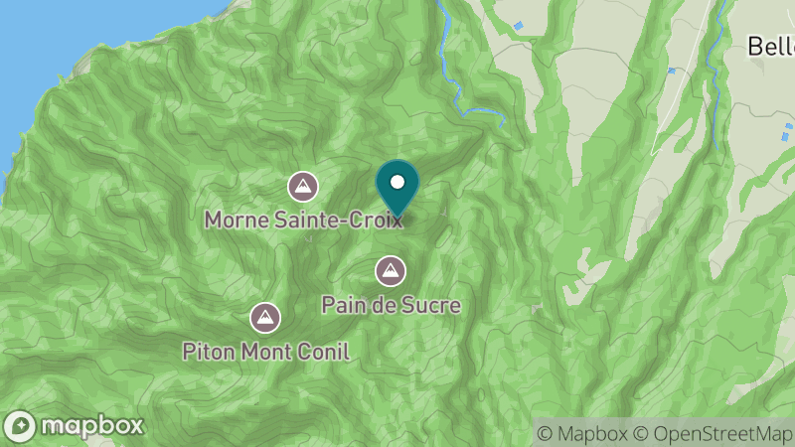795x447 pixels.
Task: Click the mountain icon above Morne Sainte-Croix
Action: tap(303, 186)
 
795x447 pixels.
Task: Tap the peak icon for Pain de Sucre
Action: tap(391, 270)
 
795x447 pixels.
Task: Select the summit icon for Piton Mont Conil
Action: tap(264, 318)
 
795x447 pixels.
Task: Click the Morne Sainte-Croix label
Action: tap(304, 219)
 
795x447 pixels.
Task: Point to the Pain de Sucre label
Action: tap(391, 304)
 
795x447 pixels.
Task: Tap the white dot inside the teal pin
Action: tap(397, 182)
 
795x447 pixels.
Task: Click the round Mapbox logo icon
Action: tap(20, 426)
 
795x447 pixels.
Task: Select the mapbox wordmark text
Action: tap(90, 426)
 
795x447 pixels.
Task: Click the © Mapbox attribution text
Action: tap(581, 433)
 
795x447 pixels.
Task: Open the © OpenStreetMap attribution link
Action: tap(712, 433)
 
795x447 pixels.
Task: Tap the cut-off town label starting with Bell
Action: tap(770, 46)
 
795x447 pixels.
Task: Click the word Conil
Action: tap(325, 351)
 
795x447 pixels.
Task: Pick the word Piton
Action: tap(208, 351)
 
